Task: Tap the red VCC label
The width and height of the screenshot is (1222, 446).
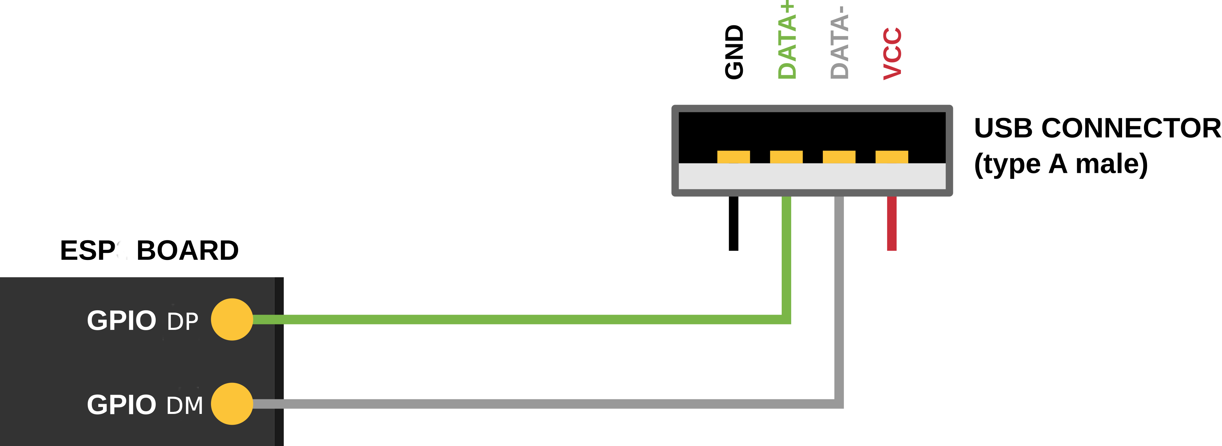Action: [x=892, y=53]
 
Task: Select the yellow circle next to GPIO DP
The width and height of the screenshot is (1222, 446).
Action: [x=232, y=319]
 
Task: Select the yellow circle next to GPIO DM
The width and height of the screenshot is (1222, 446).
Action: [x=232, y=404]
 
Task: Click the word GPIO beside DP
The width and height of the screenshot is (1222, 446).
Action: [x=122, y=320]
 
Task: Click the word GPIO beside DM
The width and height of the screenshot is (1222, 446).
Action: [x=122, y=405]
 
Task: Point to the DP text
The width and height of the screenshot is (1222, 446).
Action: [x=183, y=322]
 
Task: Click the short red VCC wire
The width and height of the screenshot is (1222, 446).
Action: [x=892, y=223]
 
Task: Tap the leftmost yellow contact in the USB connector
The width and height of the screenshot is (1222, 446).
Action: [x=733, y=157]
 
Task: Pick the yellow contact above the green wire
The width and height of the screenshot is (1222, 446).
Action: [x=786, y=157]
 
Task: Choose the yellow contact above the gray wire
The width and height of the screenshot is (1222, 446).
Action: [x=839, y=157]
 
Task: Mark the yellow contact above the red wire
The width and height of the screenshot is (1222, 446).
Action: [x=891, y=157]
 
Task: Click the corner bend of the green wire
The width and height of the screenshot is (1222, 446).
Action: [x=786, y=319]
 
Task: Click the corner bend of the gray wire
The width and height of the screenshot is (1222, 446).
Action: [x=839, y=404]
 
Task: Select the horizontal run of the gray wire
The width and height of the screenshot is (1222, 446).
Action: [x=546, y=404]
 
